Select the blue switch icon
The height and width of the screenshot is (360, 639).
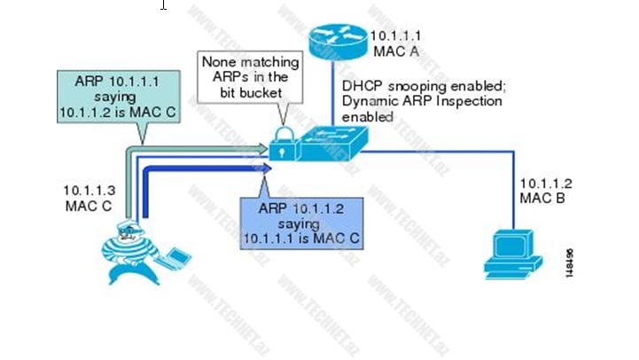(329, 144)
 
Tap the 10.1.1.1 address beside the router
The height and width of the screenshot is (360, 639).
(394, 36)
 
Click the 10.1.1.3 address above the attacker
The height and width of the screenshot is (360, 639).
(85, 191)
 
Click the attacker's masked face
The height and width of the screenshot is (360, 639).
(130, 233)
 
